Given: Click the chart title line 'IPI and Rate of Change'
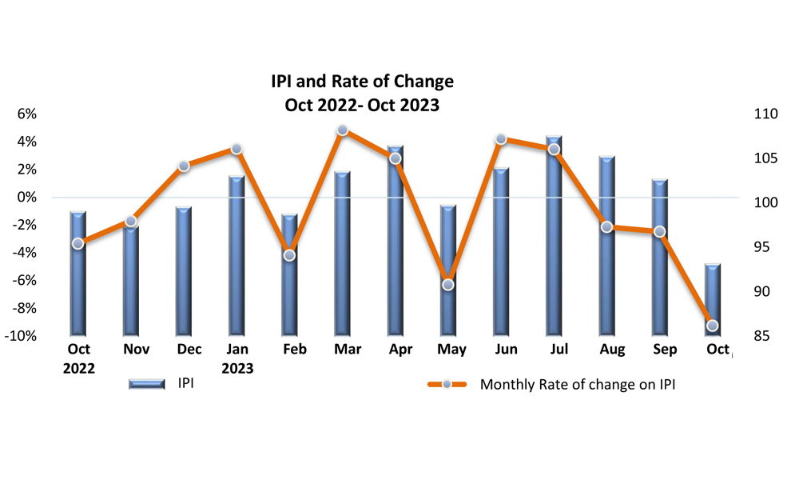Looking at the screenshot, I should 362,82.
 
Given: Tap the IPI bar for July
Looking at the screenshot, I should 554,235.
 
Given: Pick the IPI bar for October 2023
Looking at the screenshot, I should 713,299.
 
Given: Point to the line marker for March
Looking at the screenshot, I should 342,130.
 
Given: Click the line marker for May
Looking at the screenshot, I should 448,284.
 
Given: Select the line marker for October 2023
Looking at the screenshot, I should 713,325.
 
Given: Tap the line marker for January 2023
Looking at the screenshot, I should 237,149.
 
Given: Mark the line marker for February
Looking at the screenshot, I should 289,255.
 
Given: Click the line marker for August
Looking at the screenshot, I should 606,227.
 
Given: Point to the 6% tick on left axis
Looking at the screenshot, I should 26,114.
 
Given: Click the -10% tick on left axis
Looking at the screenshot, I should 21,336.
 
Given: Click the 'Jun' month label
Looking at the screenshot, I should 506,350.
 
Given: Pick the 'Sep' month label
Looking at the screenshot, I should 665,350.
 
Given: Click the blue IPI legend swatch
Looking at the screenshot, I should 146,385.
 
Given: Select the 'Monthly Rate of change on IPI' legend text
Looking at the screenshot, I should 578,385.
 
